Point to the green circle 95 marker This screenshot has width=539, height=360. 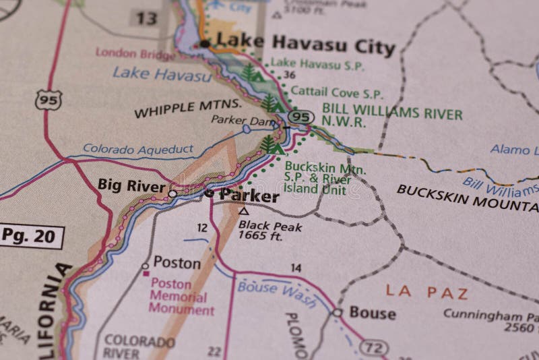303,117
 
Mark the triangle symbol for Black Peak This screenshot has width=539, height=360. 245,211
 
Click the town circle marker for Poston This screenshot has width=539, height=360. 145,266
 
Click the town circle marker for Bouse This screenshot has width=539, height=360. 336,313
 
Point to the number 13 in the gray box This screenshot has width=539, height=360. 144,19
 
